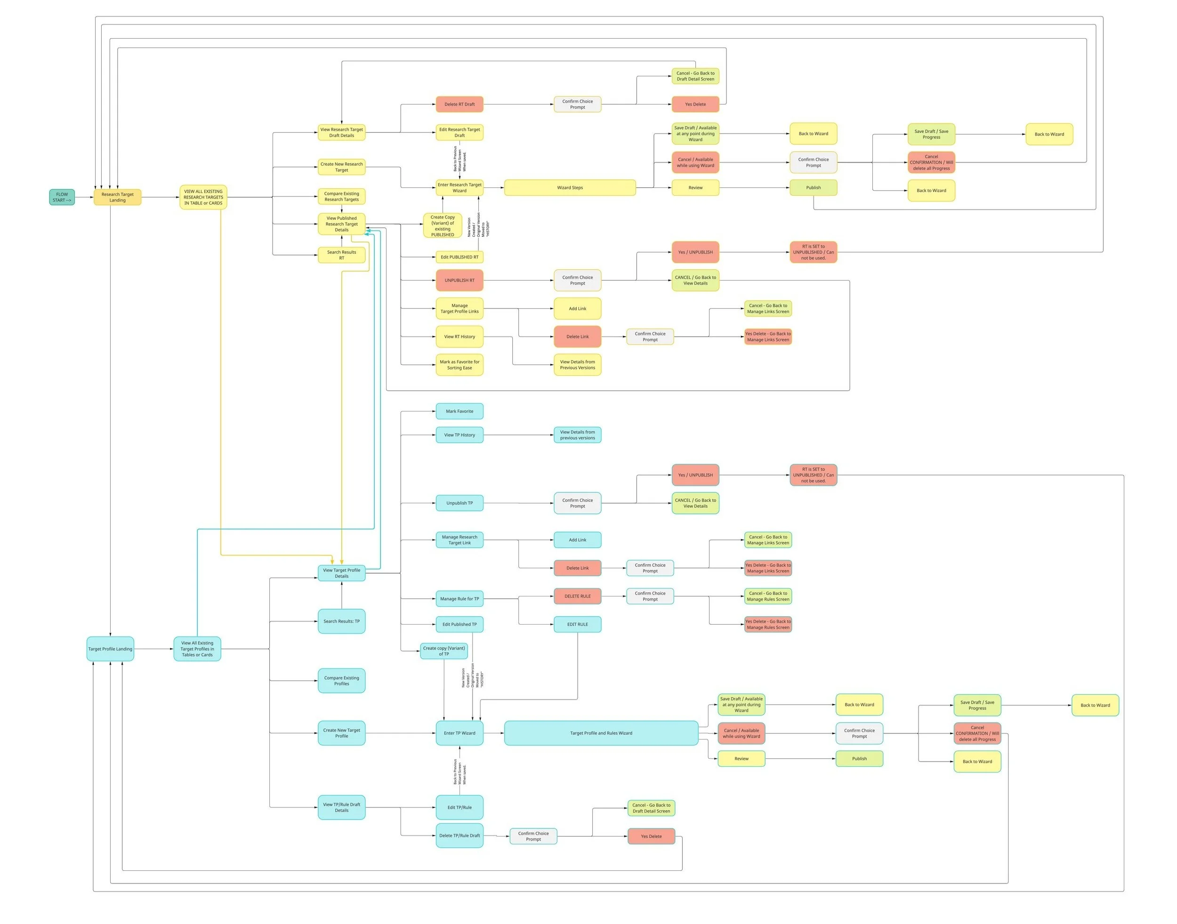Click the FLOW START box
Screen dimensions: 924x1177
pos(62,197)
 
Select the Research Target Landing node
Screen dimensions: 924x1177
pos(117,197)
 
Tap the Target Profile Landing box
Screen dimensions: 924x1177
pos(110,649)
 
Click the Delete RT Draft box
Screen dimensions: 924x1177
pos(460,104)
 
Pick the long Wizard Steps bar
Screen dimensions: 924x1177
pos(570,188)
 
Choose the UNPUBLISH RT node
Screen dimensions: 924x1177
pos(460,280)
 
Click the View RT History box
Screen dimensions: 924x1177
pos(460,337)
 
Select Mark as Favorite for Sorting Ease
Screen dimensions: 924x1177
pos(460,365)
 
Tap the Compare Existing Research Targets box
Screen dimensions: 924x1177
pos(341,196)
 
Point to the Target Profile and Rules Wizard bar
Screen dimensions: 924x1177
pos(601,733)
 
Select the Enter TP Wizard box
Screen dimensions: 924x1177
pos(460,733)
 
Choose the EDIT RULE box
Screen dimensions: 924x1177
pos(577,624)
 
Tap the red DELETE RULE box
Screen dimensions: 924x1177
pos(577,596)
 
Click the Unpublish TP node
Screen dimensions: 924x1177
pos(460,503)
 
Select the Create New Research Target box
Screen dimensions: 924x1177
pos(341,167)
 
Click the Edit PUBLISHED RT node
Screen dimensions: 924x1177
pos(460,257)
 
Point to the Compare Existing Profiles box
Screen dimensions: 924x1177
pos(341,681)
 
